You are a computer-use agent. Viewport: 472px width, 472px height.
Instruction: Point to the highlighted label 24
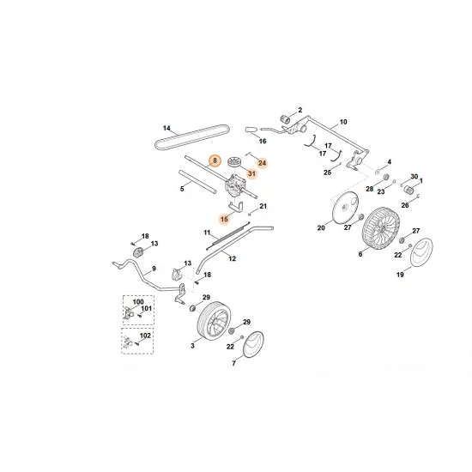coord(262,162)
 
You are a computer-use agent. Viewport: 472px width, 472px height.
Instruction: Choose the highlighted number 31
coord(251,173)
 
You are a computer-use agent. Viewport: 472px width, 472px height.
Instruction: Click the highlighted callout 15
coord(223,219)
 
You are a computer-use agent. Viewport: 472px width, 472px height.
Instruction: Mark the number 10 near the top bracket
coord(343,123)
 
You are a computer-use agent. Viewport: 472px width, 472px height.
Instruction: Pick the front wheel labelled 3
coord(211,327)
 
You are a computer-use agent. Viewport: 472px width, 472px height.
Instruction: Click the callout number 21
coord(263,207)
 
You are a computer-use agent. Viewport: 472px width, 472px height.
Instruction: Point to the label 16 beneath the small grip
coord(263,140)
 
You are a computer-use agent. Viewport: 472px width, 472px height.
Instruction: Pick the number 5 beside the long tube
coord(182,187)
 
